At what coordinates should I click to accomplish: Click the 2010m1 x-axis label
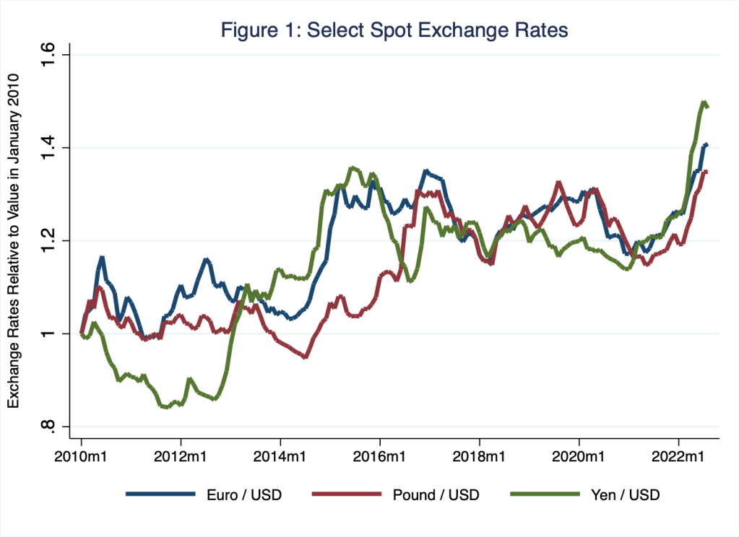click(81, 457)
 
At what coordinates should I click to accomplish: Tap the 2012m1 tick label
click(181, 457)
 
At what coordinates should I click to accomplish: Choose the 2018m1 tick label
click(480, 457)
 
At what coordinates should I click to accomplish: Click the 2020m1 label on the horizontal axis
click(579, 457)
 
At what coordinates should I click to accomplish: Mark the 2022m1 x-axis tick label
click(678, 457)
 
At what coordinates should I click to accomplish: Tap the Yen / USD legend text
click(616, 494)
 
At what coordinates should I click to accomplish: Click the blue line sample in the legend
click(160, 494)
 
